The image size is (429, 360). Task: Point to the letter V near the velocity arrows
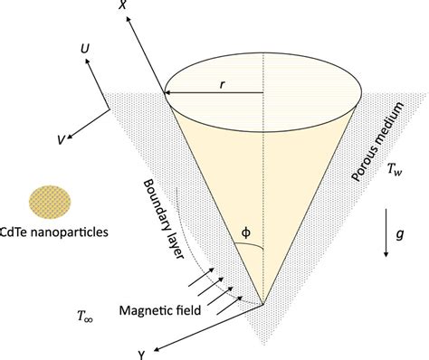click(60, 139)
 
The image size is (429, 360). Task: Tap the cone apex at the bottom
click(264, 306)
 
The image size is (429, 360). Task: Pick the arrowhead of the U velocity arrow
click(87, 57)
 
